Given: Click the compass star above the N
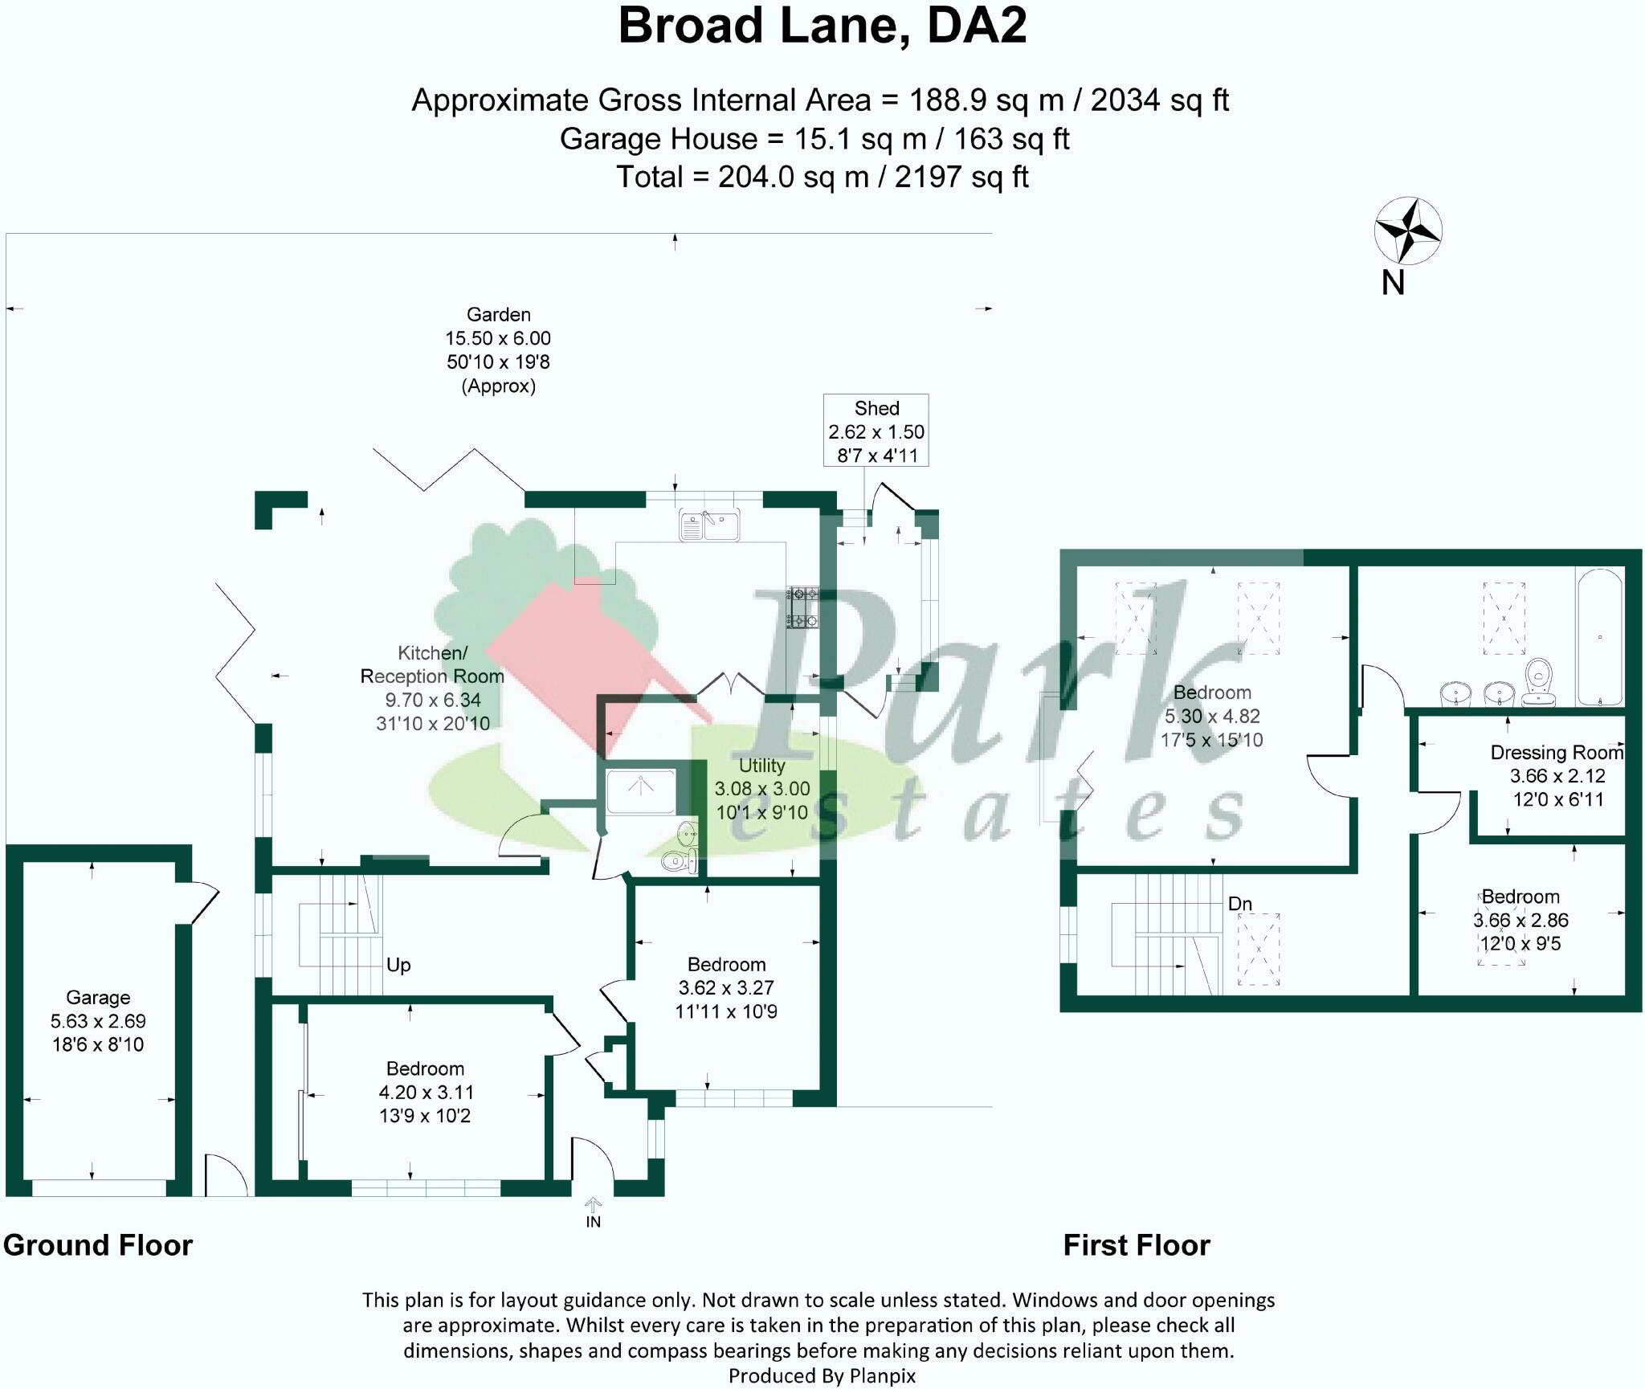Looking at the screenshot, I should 1407,231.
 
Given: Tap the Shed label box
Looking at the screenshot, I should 876,431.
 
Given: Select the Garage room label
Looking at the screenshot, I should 98,998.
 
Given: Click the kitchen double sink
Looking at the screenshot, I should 709,525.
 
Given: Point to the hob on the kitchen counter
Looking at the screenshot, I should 802,607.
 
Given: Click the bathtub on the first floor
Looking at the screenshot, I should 1600,637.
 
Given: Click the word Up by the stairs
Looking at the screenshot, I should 398,965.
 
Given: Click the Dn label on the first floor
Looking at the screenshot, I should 1239,904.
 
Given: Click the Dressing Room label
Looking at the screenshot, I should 1556,753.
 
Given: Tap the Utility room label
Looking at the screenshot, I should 761,766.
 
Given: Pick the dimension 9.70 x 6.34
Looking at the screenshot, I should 432,700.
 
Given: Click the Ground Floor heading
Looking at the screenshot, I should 98,1245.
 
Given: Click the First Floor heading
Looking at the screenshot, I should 1136,1245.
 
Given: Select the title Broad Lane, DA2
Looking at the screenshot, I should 822,26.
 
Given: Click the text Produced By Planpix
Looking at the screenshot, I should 822,1376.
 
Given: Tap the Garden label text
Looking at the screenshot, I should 498,315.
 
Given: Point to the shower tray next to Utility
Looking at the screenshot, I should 641,791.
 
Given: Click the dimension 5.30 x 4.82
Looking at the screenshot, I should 1211,716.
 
